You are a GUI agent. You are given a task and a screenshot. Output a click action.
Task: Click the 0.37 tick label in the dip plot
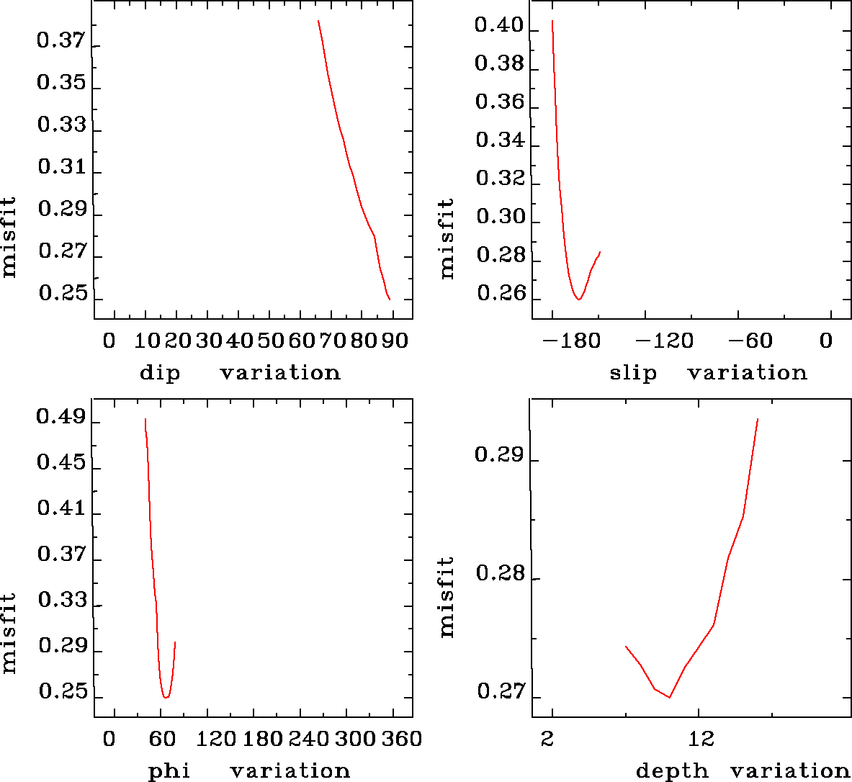(x=61, y=40)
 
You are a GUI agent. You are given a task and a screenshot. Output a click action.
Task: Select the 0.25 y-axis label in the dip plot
(x=63, y=294)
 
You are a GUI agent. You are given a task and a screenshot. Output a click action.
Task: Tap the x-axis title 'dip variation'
(x=239, y=373)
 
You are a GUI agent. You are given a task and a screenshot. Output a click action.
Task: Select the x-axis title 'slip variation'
(x=708, y=373)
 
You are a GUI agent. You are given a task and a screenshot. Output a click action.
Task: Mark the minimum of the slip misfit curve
(x=578, y=299)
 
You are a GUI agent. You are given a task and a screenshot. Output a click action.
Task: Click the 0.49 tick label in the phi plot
(x=61, y=418)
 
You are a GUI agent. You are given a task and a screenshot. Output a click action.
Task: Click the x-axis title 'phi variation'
(x=248, y=771)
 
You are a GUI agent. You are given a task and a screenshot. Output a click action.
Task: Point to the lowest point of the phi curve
(x=166, y=697)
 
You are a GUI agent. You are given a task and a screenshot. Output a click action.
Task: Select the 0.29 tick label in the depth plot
(x=499, y=455)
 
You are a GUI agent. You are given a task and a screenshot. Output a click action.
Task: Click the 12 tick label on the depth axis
(x=701, y=739)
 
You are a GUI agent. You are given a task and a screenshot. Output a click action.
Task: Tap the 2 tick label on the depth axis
(x=548, y=739)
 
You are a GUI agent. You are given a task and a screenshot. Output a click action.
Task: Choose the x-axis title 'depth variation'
(x=743, y=771)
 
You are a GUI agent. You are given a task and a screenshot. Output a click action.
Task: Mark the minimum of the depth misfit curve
(x=670, y=697)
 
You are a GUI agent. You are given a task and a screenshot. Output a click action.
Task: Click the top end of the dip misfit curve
(x=318, y=21)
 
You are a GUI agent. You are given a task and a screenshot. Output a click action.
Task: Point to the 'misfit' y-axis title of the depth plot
(x=447, y=597)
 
